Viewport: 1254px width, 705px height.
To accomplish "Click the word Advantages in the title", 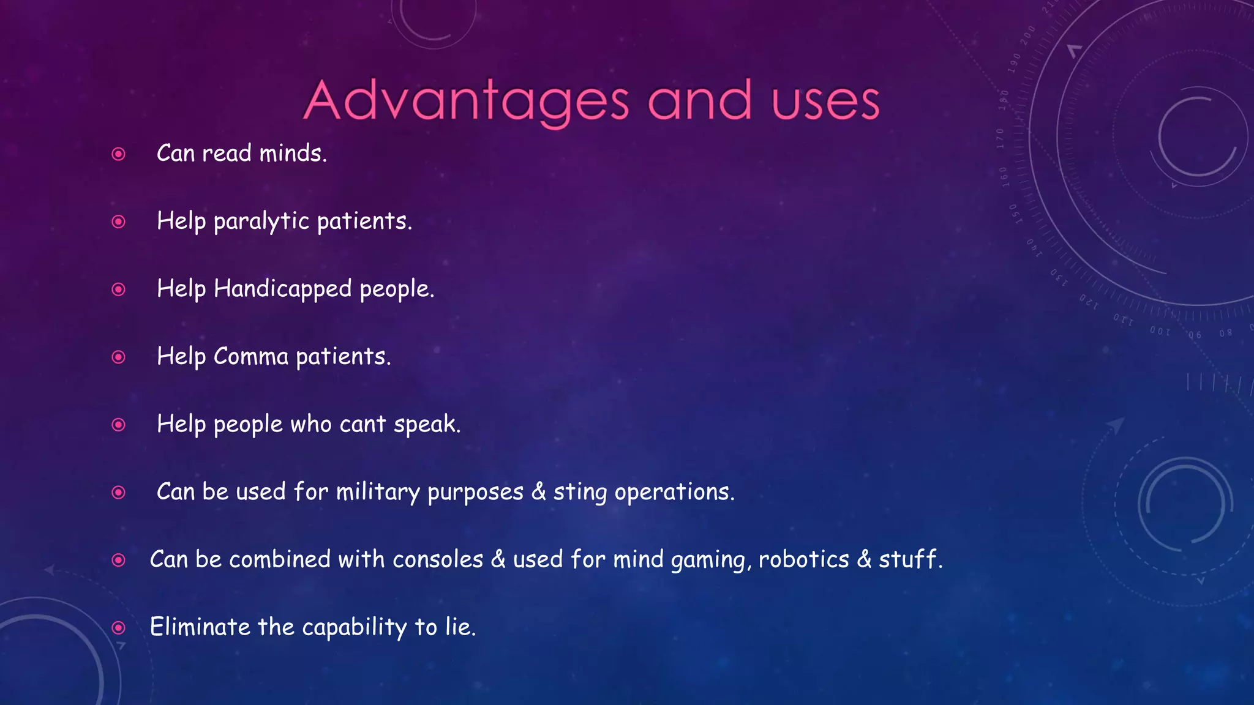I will pyautogui.click(x=466, y=102).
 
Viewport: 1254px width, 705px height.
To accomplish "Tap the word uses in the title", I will pyautogui.click(x=825, y=102).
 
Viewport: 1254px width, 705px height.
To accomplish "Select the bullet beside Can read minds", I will pyautogui.click(x=119, y=154).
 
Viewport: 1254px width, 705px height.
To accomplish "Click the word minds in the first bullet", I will pyautogui.click(x=293, y=153).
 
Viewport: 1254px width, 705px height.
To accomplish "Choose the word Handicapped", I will pyautogui.click(x=282, y=289).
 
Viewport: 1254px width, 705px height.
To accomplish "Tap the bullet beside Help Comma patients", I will pyautogui.click(x=119, y=357).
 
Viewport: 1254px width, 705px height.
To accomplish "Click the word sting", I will pyautogui.click(x=580, y=493).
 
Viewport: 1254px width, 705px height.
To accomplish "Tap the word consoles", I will pyautogui.click(x=438, y=560).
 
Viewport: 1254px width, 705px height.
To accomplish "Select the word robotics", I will pyautogui.click(x=804, y=559).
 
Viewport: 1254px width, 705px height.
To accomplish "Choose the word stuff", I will pyautogui.click(x=909, y=559).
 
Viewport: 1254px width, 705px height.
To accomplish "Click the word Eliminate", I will pyautogui.click(x=200, y=627).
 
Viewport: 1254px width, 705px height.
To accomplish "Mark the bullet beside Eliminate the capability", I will pyautogui.click(x=119, y=628).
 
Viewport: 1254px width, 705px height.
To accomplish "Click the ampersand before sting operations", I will pyautogui.click(x=538, y=493).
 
